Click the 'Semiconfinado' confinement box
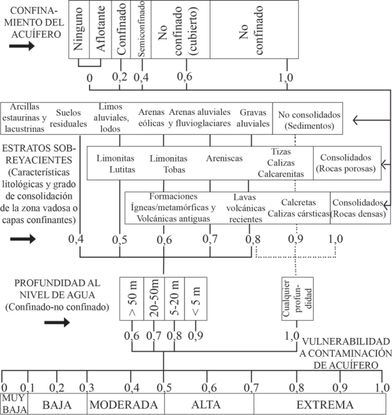pos(142,29)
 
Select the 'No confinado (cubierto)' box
pos(185,29)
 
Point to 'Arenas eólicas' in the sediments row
pos(151,118)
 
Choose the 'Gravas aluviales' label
pos(254,118)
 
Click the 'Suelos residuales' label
pos(72,118)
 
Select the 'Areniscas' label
pos(224,158)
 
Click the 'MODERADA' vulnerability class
pos(125,404)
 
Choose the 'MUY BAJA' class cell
pos(13,404)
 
